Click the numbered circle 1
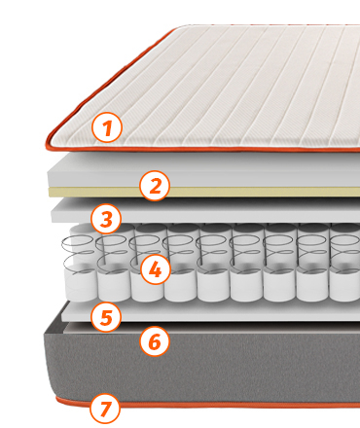(107, 127)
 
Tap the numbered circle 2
(155, 186)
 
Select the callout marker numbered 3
(106, 218)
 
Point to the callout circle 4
(156, 269)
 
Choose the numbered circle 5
(106, 316)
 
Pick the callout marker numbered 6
(155, 341)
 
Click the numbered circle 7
(105, 409)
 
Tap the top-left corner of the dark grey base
(45, 334)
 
